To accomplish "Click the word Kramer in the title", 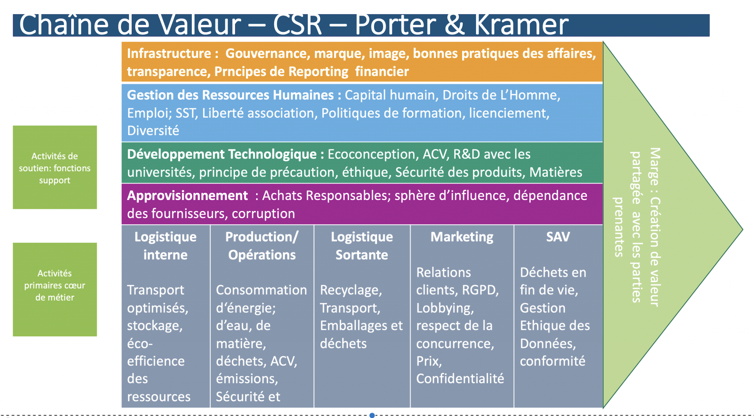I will coord(521,25).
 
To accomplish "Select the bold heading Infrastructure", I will coord(169,54).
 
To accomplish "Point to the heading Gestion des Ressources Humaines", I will coord(230,95).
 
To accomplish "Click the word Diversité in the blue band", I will coord(153,131).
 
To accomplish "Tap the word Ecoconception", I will coord(371,154).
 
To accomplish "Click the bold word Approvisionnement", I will coord(187,196).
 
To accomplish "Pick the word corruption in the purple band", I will coord(263,214).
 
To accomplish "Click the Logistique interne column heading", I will coord(165,246).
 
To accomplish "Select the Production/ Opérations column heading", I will coord(262,246).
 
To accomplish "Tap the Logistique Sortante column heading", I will coord(362,246).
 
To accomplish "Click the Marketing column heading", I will coord(462,237).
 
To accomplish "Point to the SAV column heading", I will coord(558,237).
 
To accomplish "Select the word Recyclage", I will coord(350,290).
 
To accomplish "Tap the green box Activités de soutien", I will coord(55,168).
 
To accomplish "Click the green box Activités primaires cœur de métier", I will coord(55,289).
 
